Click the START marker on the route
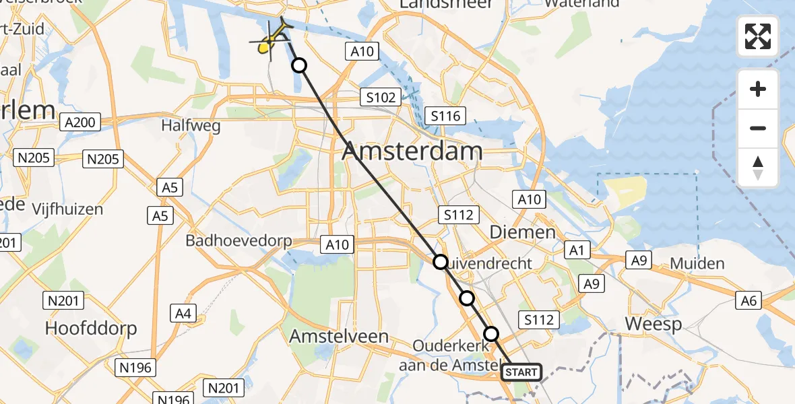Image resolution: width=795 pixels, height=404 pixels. [521, 372]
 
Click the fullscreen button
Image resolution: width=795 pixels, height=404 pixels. [758, 36]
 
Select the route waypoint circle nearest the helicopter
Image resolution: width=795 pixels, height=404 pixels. [298, 65]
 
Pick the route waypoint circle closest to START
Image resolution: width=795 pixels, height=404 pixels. [491, 334]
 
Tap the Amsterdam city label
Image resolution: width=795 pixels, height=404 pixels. [412, 151]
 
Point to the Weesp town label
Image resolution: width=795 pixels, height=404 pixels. [653, 324]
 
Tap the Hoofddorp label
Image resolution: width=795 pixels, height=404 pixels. [91, 328]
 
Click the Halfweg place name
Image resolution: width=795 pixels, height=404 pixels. [187, 125]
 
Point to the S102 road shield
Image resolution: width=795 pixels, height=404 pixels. [381, 97]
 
